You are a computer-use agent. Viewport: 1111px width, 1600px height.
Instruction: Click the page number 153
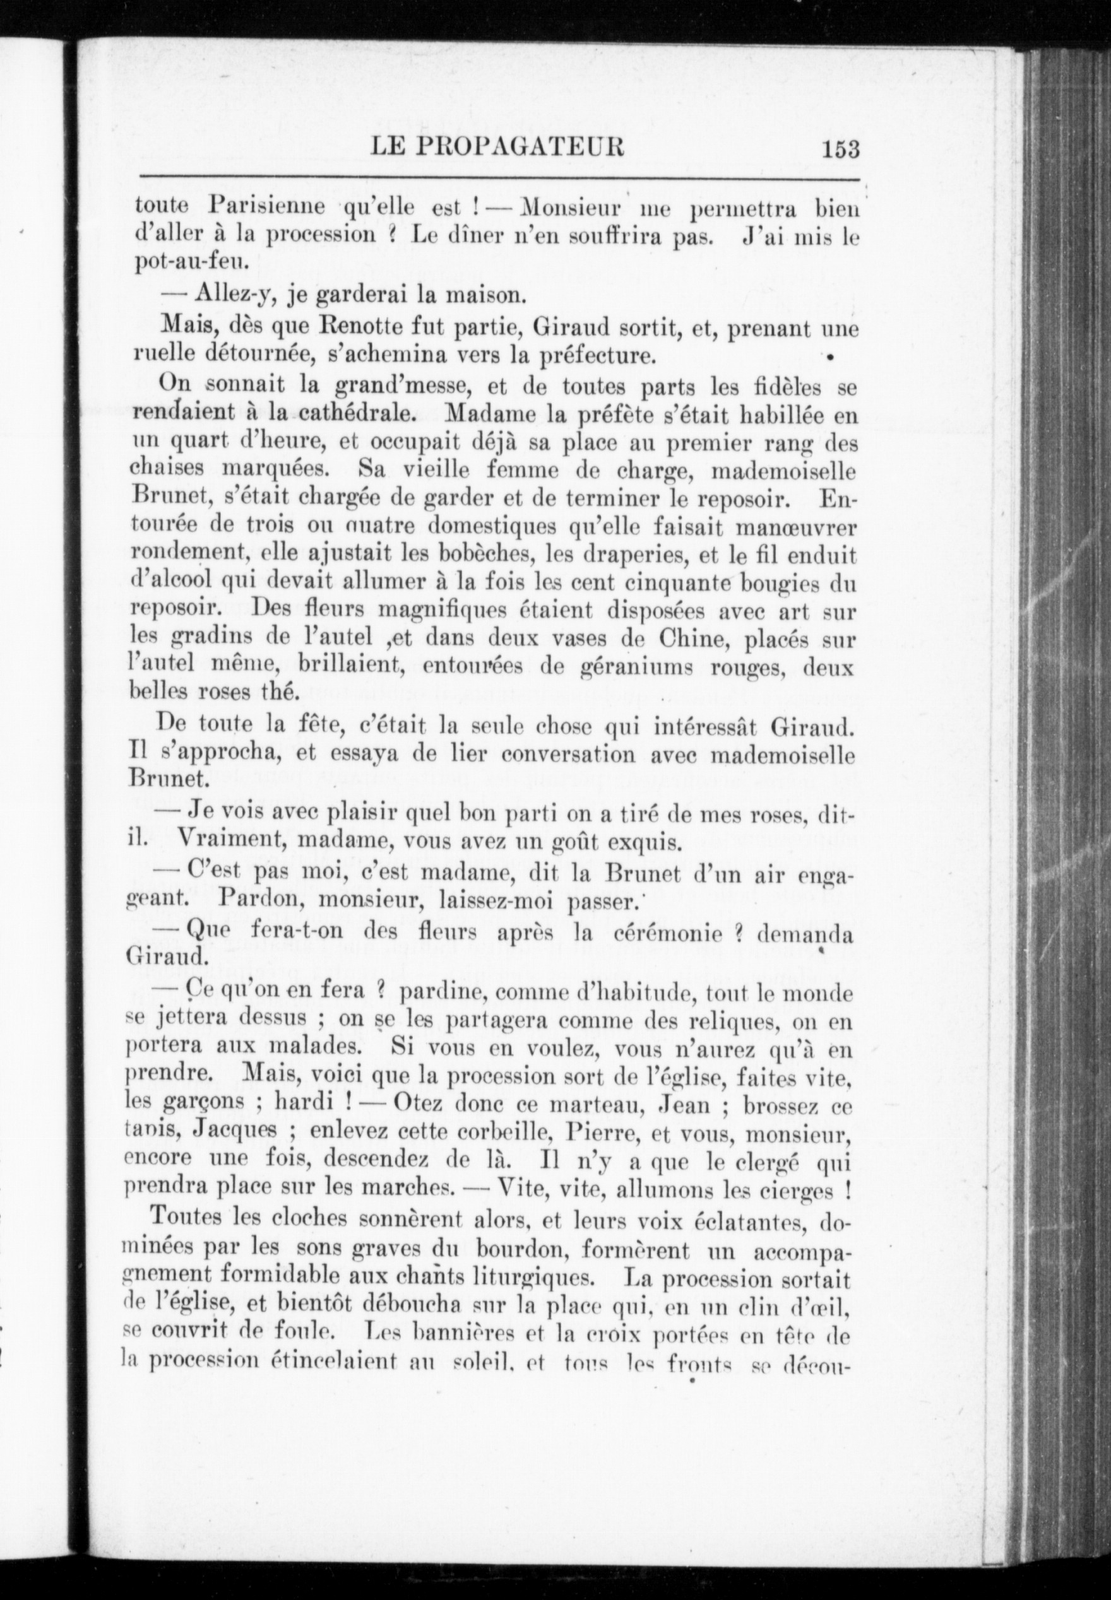click(x=840, y=150)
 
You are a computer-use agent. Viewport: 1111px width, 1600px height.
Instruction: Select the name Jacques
click(x=237, y=1132)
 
